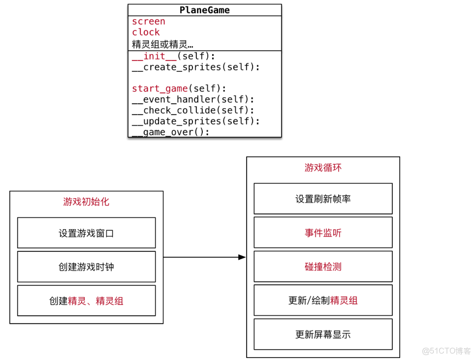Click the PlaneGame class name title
coord(204,10)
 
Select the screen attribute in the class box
coord(149,22)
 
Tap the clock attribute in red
coord(146,32)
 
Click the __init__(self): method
coord(174,57)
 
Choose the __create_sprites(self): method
coord(196,67)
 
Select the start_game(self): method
coord(179,89)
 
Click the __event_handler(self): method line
coord(193,99)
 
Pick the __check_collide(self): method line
coord(193,110)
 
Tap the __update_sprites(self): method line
coord(196,121)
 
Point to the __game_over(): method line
coord(171,132)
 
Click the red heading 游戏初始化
coord(86,202)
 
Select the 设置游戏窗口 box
coord(86,233)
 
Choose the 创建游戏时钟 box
coord(86,267)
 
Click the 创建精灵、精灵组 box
coord(86,300)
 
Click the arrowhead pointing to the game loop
coord(242,257)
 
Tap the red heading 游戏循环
coord(323,168)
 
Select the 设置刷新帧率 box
coord(323,199)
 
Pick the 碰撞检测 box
coord(323,267)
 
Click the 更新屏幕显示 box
coord(323,334)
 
